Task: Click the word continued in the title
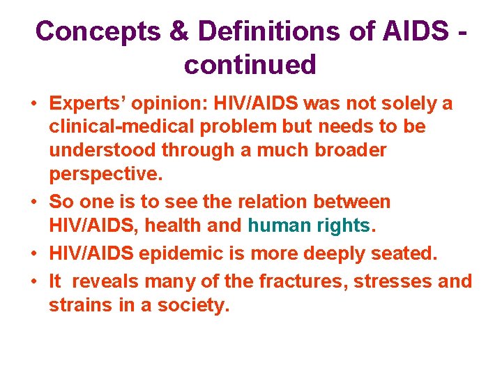[x=250, y=65]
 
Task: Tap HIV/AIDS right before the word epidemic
[x=91, y=253]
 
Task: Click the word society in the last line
[x=196, y=305]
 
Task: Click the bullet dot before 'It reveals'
[x=33, y=281]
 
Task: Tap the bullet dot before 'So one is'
[x=33, y=202]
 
